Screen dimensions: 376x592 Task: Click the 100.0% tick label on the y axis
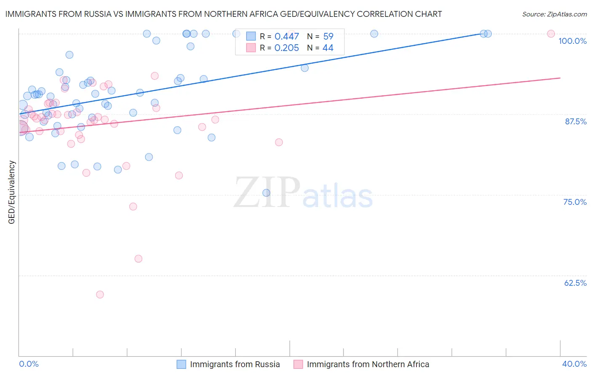point(572,41)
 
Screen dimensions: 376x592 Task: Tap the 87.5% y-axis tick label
point(575,121)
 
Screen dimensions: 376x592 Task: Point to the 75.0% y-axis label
point(575,202)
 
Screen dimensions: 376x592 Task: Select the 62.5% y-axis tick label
point(575,283)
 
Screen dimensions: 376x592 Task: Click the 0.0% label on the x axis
point(29,364)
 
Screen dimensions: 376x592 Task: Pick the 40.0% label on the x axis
point(574,364)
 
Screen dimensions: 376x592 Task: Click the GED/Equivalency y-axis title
point(12,192)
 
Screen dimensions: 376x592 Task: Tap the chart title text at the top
point(224,14)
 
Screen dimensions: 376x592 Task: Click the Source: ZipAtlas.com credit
point(554,14)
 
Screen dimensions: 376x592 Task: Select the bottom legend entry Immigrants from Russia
point(235,364)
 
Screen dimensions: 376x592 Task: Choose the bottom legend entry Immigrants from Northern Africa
point(368,364)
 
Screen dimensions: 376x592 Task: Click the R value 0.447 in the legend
point(286,37)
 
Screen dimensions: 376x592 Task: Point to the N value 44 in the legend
point(328,48)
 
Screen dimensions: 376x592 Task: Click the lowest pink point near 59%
point(100,295)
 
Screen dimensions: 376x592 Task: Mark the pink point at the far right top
point(551,34)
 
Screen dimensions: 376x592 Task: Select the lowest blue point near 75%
point(266,193)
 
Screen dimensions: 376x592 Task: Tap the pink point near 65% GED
point(139,259)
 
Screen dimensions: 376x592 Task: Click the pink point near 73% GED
point(133,207)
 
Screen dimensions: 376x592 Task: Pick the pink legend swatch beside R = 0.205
point(251,48)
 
